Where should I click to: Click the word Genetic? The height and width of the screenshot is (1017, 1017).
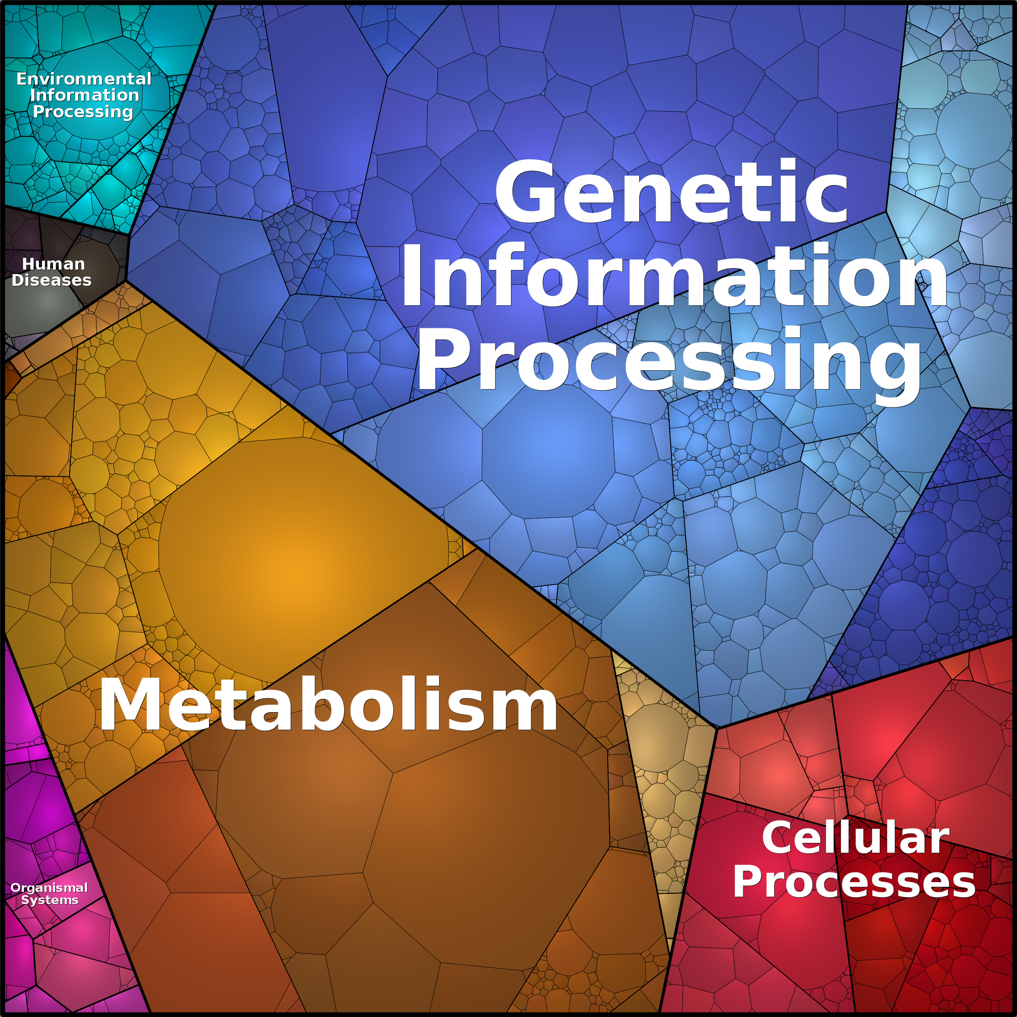pyautogui.click(x=671, y=192)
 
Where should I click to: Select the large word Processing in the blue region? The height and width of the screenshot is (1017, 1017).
pyautogui.click(x=668, y=361)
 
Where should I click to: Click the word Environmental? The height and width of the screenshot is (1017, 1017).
pyautogui.click(x=84, y=79)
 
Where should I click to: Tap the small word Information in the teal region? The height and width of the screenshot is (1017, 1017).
pyautogui.click(x=84, y=95)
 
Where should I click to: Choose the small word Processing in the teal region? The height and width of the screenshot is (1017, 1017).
pyautogui.click(x=83, y=112)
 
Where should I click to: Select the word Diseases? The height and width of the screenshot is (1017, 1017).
pyautogui.click(x=51, y=280)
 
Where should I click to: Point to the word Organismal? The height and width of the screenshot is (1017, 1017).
pyautogui.click(x=49, y=887)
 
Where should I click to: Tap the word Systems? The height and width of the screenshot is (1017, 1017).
pyautogui.click(x=49, y=900)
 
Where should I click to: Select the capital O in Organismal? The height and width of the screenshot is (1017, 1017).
pyautogui.click(x=15, y=888)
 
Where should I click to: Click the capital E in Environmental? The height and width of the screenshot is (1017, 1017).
pyautogui.click(x=21, y=79)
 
